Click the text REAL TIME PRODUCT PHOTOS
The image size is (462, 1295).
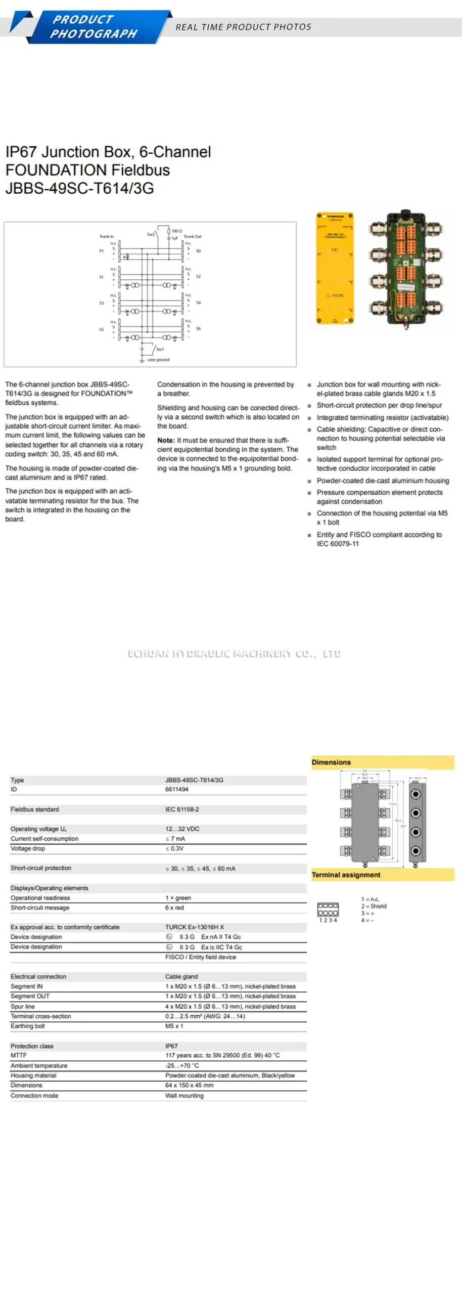pyautogui.click(x=243, y=27)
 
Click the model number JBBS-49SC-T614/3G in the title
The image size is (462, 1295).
pyautogui.click(x=79, y=188)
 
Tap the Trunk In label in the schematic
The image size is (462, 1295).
pyautogui.click(x=106, y=236)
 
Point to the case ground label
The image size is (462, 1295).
pyautogui.click(x=158, y=360)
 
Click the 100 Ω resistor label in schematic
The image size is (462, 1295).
pyautogui.click(x=176, y=231)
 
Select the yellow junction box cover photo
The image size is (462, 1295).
pyautogui.click(x=334, y=268)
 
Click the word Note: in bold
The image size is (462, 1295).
pyautogui.click(x=166, y=440)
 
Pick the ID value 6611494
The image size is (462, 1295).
pyautogui.click(x=176, y=789)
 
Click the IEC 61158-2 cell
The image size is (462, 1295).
pyautogui.click(x=182, y=809)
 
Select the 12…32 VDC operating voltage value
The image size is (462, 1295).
pyautogui.click(x=182, y=829)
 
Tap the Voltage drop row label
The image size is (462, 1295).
pyautogui.click(x=27, y=848)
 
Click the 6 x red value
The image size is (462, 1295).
pyautogui.click(x=174, y=908)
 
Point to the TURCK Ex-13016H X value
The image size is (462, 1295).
pyautogui.click(x=194, y=927)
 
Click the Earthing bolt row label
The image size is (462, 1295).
pyautogui.click(x=27, y=1026)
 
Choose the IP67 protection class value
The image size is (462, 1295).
pyautogui.click(x=171, y=1046)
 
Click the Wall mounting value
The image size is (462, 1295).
pyautogui.click(x=184, y=1095)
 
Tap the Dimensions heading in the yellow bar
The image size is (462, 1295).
pyautogui.click(x=331, y=762)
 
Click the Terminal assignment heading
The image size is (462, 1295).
pyautogui.click(x=346, y=875)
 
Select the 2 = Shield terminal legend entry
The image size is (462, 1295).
pyautogui.click(x=374, y=906)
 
